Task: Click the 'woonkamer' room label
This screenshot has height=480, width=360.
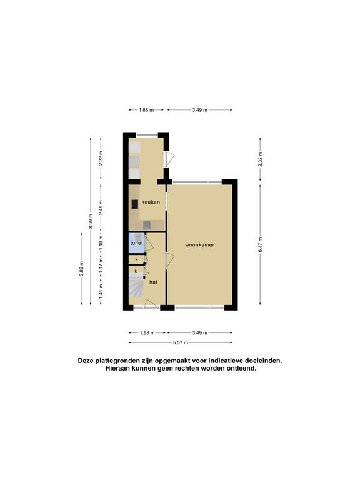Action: click(199, 245)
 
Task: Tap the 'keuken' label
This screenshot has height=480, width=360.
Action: click(151, 202)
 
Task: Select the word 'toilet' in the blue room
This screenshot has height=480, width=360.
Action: click(136, 243)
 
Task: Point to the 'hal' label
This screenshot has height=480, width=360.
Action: click(153, 282)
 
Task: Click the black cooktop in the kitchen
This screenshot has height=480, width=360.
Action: click(135, 204)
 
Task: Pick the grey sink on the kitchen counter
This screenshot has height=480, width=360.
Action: click(147, 226)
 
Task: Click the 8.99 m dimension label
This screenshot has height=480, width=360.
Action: click(91, 221)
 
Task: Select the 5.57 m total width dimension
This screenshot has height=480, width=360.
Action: click(180, 342)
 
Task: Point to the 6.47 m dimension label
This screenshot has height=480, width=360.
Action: click(260, 245)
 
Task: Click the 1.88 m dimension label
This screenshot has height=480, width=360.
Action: click(146, 110)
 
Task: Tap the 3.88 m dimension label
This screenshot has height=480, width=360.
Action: click(81, 269)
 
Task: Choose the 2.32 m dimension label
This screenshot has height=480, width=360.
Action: click(260, 159)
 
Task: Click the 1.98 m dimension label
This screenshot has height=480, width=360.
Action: click(147, 332)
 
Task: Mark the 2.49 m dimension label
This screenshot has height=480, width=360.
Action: click(101, 207)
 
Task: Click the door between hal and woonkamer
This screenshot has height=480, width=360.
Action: click(169, 261)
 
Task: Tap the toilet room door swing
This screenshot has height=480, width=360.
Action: click(149, 243)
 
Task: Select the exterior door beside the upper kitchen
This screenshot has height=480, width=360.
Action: click(169, 159)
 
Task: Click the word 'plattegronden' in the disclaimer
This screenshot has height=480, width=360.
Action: click(115, 361)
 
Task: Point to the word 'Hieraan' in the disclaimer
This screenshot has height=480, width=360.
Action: click(118, 369)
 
